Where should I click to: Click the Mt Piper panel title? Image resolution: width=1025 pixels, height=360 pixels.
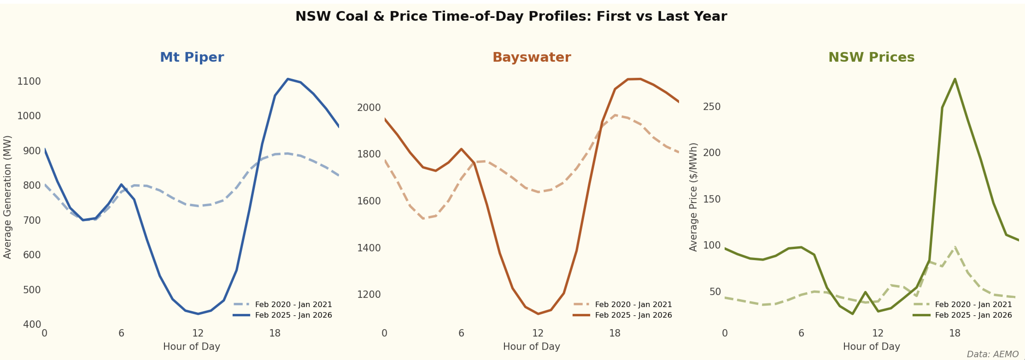[192, 57]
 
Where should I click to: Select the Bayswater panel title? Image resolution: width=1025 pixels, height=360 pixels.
[532, 57]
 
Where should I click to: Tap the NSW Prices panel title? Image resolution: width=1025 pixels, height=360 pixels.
[871, 57]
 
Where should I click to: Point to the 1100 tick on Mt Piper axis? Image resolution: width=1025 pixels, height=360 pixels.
[29, 81]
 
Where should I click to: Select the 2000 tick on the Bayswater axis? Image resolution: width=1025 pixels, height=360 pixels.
[369, 107]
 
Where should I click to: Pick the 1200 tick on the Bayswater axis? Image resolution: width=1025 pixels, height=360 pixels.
[369, 294]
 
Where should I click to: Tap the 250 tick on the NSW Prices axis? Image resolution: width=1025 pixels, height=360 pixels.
[712, 107]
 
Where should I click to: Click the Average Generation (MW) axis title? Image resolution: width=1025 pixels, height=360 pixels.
[8, 197]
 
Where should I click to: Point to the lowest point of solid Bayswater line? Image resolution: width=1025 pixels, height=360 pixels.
[538, 314]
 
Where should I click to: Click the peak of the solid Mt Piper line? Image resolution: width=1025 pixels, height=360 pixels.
[288, 79]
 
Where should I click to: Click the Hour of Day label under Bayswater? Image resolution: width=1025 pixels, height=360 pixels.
[532, 346]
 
